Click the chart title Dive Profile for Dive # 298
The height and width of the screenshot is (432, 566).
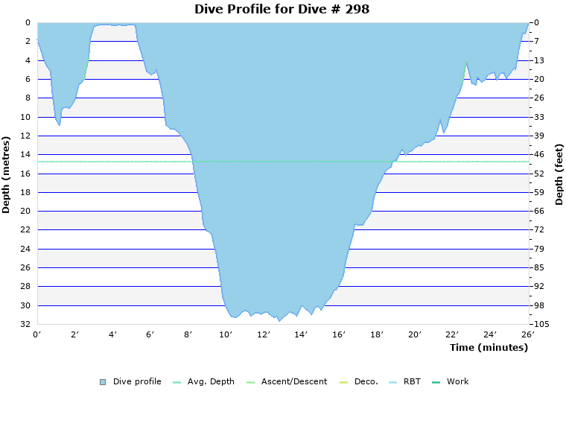tap(282, 9)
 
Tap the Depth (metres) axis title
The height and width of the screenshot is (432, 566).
tap(7, 174)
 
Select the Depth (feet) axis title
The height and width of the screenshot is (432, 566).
tap(559, 174)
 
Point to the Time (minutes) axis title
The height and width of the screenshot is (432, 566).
tap(489, 348)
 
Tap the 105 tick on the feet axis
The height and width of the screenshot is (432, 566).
tap(541, 325)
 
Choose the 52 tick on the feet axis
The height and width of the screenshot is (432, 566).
tap(538, 174)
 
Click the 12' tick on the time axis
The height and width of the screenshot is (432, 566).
tap(264, 334)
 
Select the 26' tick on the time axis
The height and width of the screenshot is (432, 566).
tap(529, 334)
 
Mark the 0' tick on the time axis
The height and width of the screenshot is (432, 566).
tap(37, 334)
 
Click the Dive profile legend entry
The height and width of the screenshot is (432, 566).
tap(137, 381)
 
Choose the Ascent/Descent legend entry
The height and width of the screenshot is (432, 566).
tap(293, 381)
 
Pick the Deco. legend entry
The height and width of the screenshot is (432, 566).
tap(366, 381)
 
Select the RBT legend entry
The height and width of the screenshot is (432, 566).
tap(412, 381)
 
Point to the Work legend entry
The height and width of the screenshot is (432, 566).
tap(457, 381)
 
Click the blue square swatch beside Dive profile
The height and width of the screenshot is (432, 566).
tap(103, 382)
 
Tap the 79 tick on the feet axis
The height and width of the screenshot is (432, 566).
tap(538, 249)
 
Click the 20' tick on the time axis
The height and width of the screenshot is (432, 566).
tap(415, 334)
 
